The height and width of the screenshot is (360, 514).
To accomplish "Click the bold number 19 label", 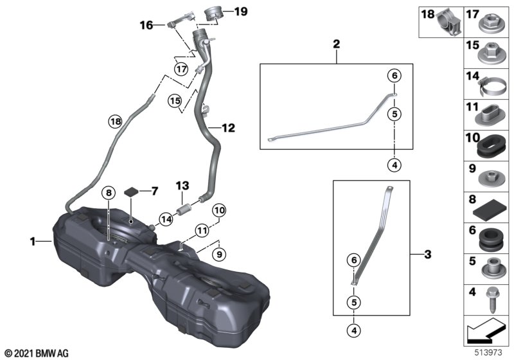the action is pos(241,12).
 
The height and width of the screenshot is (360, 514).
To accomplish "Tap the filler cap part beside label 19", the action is pos(214,14).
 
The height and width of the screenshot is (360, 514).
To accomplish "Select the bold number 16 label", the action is pos(146,25).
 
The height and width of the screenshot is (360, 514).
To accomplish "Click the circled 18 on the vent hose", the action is pos(116,122).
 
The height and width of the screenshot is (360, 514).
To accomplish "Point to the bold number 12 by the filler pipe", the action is pos(229,127).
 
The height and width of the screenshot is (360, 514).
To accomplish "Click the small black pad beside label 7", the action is pos(132,191).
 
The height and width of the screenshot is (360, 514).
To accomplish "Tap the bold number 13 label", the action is pos(182,186).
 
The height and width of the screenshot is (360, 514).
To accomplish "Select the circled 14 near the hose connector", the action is pos(166,219).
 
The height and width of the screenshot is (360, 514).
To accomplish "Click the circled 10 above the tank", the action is pos(219,210).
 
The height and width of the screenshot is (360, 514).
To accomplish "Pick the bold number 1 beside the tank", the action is pos(33,242).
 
